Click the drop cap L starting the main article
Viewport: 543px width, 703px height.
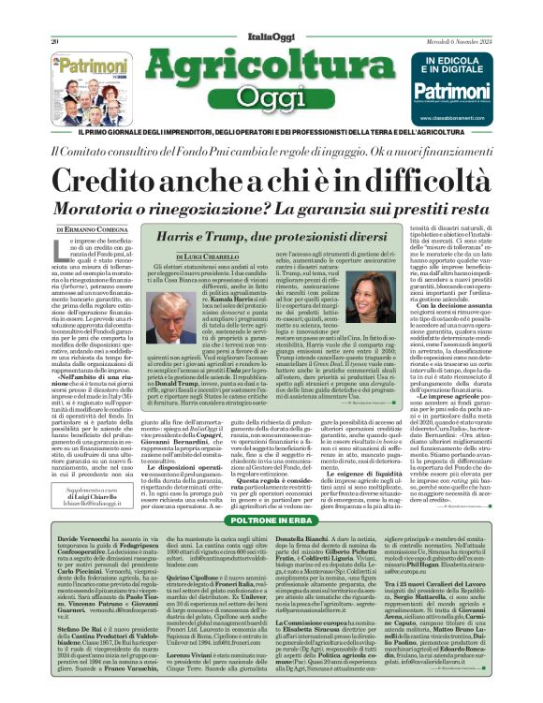(x=66, y=248)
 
